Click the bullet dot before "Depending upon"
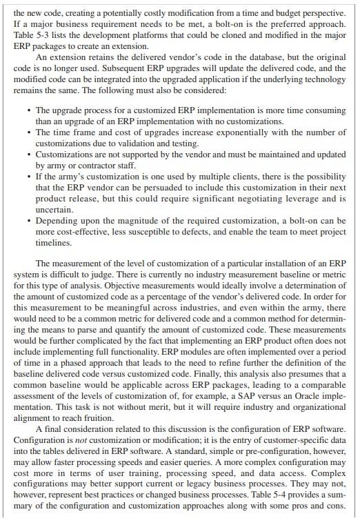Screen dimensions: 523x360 [27, 221]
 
